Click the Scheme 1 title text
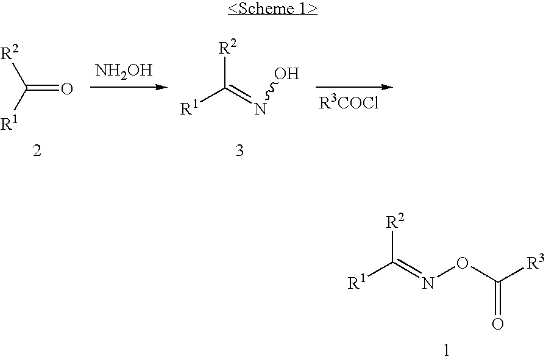click(272, 9)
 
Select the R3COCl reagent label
click(349, 103)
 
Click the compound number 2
click(37, 150)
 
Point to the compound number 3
click(239, 150)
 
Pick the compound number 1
click(447, 350)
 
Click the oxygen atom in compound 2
click(66, 88)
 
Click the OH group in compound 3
click(286, 74)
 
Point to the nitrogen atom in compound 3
click(260, 109)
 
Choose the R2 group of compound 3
click(228, 48)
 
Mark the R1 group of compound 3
click(189, 108)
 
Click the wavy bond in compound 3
click(271, 92)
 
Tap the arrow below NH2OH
click(129, 86)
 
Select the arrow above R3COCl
click(354, 86)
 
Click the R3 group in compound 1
click(536, 263)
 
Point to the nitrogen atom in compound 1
click(428, 283)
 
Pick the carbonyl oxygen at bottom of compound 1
click(498, 324)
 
